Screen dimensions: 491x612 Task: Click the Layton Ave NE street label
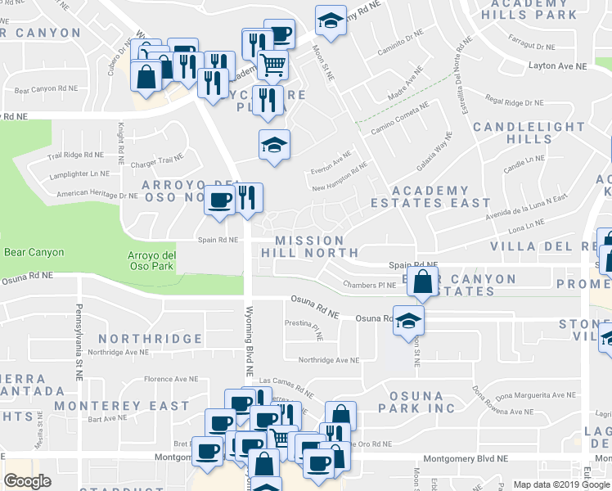pos(557,65)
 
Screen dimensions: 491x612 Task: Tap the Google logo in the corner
pos(28,480)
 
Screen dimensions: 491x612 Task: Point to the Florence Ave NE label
pos(171,379)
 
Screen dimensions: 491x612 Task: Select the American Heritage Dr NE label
pos(97,195)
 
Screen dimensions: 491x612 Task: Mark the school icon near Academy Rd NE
pos(331,21)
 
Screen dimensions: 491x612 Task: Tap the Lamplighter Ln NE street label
pos(78,173)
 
